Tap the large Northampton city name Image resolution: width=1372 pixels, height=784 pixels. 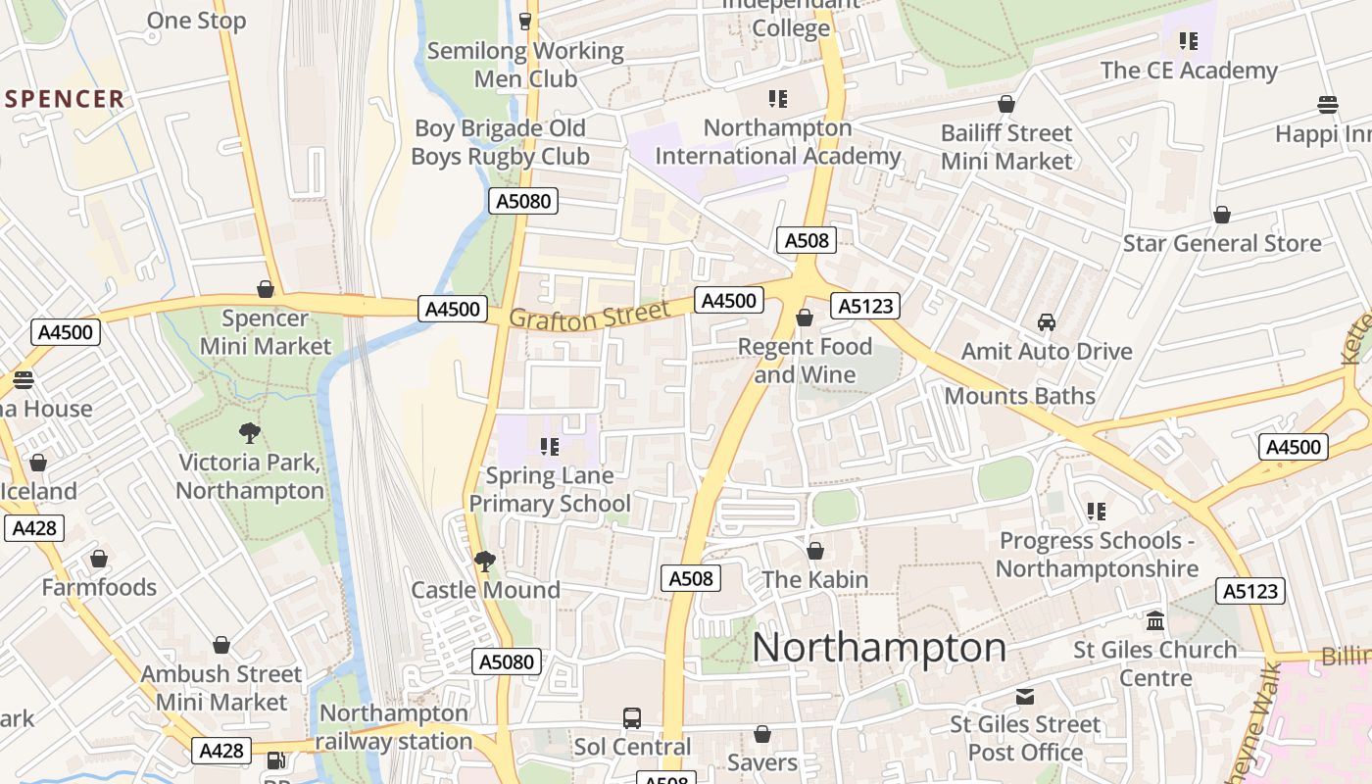click(879, 648)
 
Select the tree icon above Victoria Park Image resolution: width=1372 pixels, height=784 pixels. click(250, 432)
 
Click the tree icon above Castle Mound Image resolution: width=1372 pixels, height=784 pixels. click(484, 562)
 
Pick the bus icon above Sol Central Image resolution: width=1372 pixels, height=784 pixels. click(632, 718)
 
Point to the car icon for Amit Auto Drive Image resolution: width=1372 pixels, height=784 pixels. click(1047, 322)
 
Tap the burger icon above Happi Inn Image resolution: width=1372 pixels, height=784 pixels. click(1328, 105)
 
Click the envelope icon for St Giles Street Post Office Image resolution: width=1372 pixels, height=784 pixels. click(1025, 697)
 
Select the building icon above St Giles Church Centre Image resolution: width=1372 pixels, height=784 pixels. click(1155, 621)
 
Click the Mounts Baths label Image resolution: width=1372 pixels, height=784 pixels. click(1019, 396)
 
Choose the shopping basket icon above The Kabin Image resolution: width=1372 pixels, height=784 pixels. click(814, 552)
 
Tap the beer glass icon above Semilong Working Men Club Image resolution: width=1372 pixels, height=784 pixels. click(525, 21)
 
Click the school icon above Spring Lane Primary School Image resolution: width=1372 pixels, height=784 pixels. click(550, 447)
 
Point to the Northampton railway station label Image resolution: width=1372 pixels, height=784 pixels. click(393, 727)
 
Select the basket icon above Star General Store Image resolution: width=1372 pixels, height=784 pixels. click(1222, 215)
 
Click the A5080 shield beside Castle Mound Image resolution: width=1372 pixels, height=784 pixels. click(507, 661)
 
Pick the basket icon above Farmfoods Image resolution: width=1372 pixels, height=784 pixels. click(99, 560)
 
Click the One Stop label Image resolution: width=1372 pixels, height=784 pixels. click(196, 21)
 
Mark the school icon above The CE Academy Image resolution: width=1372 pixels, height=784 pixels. click(1189, 41)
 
